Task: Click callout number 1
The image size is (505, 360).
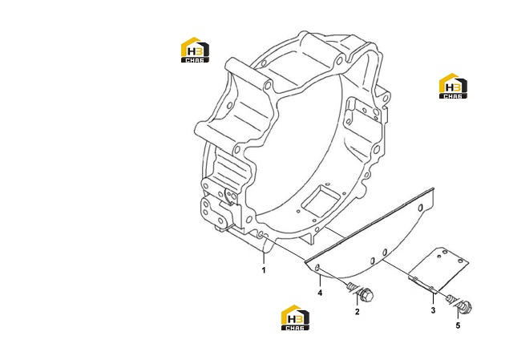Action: coord(264,270)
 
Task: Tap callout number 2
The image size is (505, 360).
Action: coord(358,312)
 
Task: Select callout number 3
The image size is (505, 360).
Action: coord(433,310)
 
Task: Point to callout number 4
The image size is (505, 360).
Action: coord(320,293)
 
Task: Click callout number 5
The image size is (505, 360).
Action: coord(458,326)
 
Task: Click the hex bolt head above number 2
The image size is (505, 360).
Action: coord(366,295)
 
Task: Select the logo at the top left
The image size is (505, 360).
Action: coord(195,50)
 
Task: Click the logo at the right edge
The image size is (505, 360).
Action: coord(453,86)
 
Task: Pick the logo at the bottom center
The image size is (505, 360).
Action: coord(295,318)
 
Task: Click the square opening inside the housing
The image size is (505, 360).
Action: coord(321,200)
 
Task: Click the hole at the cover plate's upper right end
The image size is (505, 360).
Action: coord(420,208)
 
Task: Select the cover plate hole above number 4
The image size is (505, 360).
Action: coord(317,267)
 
